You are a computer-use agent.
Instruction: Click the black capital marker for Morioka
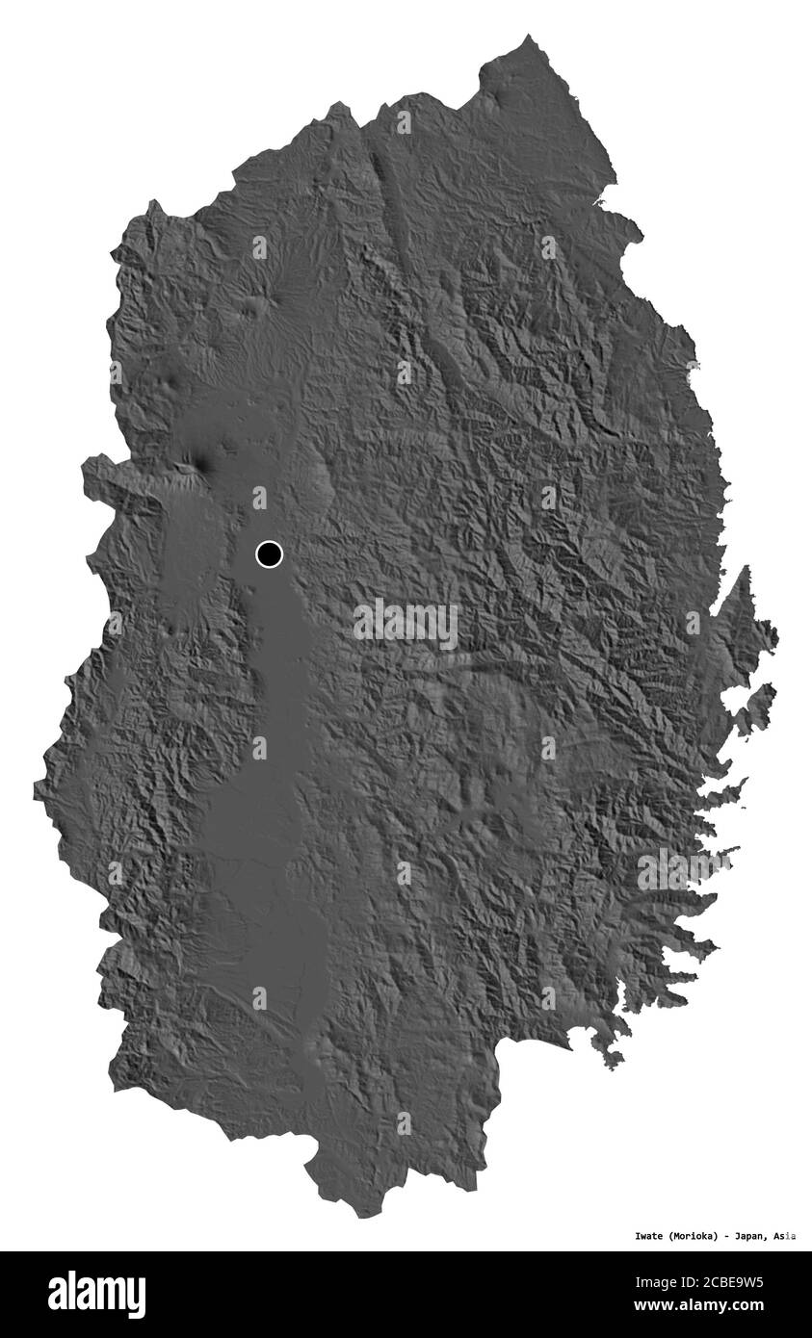pyautogui.click(x=269, y=553)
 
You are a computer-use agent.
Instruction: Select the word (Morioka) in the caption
pyautogui.click(x=689, y=1236)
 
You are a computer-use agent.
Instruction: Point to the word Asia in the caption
pyautogui.click(x=785, y=1236)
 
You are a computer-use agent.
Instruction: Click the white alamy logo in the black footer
pyautogui.click(x=96, y=1295)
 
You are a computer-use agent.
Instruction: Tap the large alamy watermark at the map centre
pyautogui.click(x=406, y=624)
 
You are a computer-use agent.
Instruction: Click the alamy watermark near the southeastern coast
pyautogui.click(x=683, y=869)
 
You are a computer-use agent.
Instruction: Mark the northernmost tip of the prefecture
pyautogui.click(x=529, y=39)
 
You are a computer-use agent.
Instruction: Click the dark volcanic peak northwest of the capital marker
pyautogui.click(x=202, y=463)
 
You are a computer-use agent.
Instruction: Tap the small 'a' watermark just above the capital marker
pyautogui.click(x=259, y=497)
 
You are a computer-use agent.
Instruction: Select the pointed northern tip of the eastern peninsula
pyautogui.click(x=743, y=570)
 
